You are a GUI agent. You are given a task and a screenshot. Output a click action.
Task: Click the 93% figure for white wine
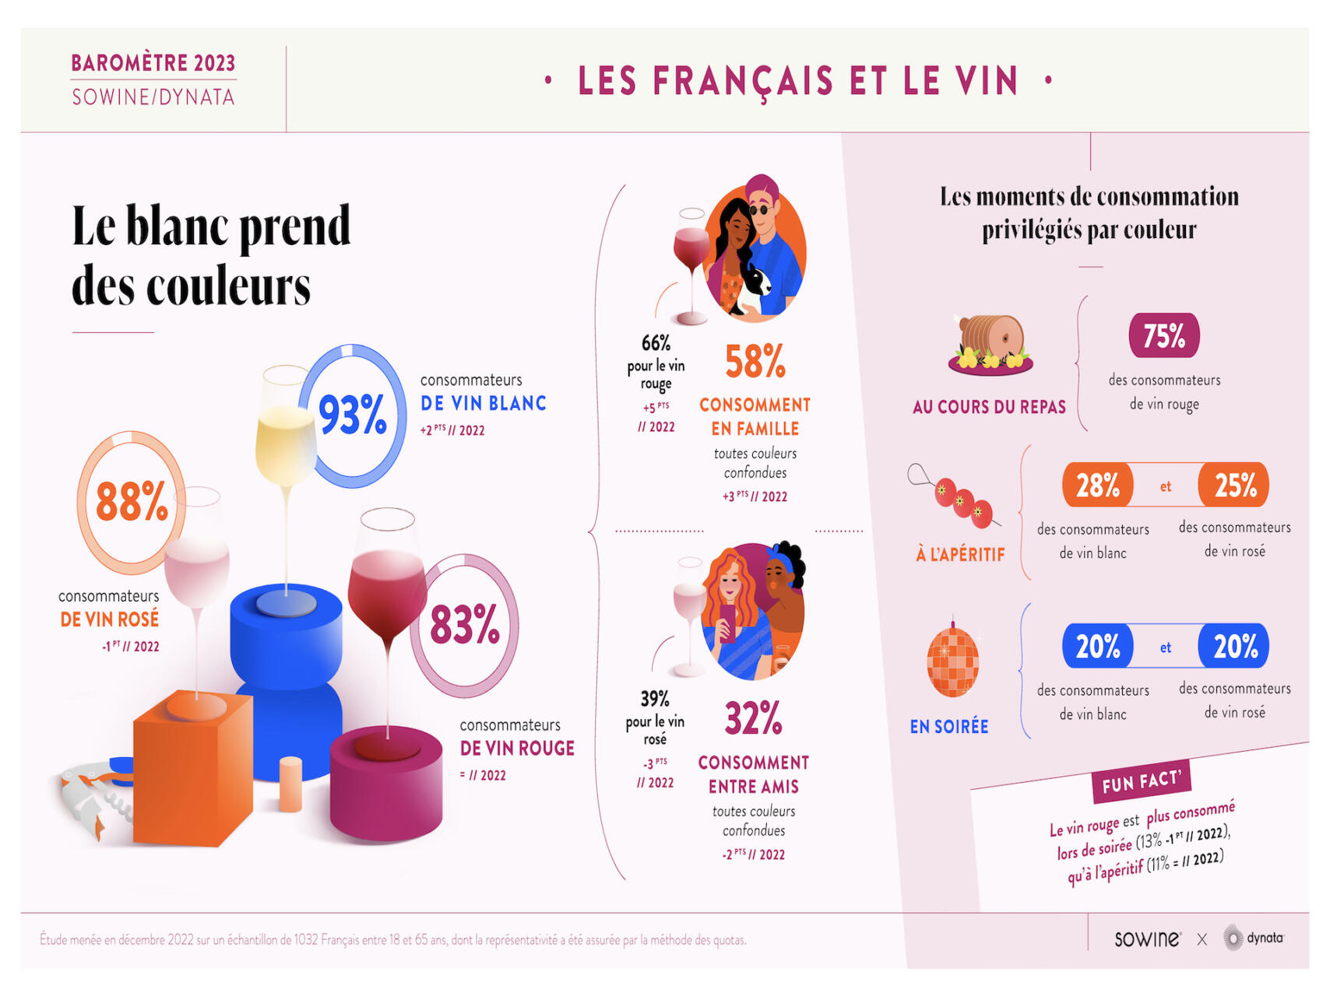(x=353, y=416)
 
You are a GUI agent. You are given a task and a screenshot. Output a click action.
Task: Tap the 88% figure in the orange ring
(x=132, y=502)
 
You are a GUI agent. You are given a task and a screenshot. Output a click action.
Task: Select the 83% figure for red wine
(x=465, y=625)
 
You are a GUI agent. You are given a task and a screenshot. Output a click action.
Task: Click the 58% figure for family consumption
(x=755, y=362)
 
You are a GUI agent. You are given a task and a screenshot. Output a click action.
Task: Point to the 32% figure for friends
(x=753, y=718)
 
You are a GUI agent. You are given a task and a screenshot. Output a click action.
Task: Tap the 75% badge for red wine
(x=1163, y=336)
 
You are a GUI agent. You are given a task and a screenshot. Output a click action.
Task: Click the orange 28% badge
(x=1097, y=486)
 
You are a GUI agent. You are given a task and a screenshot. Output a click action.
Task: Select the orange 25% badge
(x=1234, y=486)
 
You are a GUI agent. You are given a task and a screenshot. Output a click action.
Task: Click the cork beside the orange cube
(x=290, y=784)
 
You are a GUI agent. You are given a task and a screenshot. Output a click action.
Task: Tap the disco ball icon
(x=952, y=661)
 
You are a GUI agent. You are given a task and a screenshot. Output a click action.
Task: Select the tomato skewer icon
(x=955, y=497)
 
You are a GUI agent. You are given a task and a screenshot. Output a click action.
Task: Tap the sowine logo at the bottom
(x=1146, y=939)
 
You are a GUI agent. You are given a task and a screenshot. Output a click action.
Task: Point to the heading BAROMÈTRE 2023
(x=153, y=63)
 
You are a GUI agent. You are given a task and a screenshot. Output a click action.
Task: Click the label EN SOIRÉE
(x=948, y=727)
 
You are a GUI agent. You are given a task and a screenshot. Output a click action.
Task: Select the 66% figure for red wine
(x=656, y=343)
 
